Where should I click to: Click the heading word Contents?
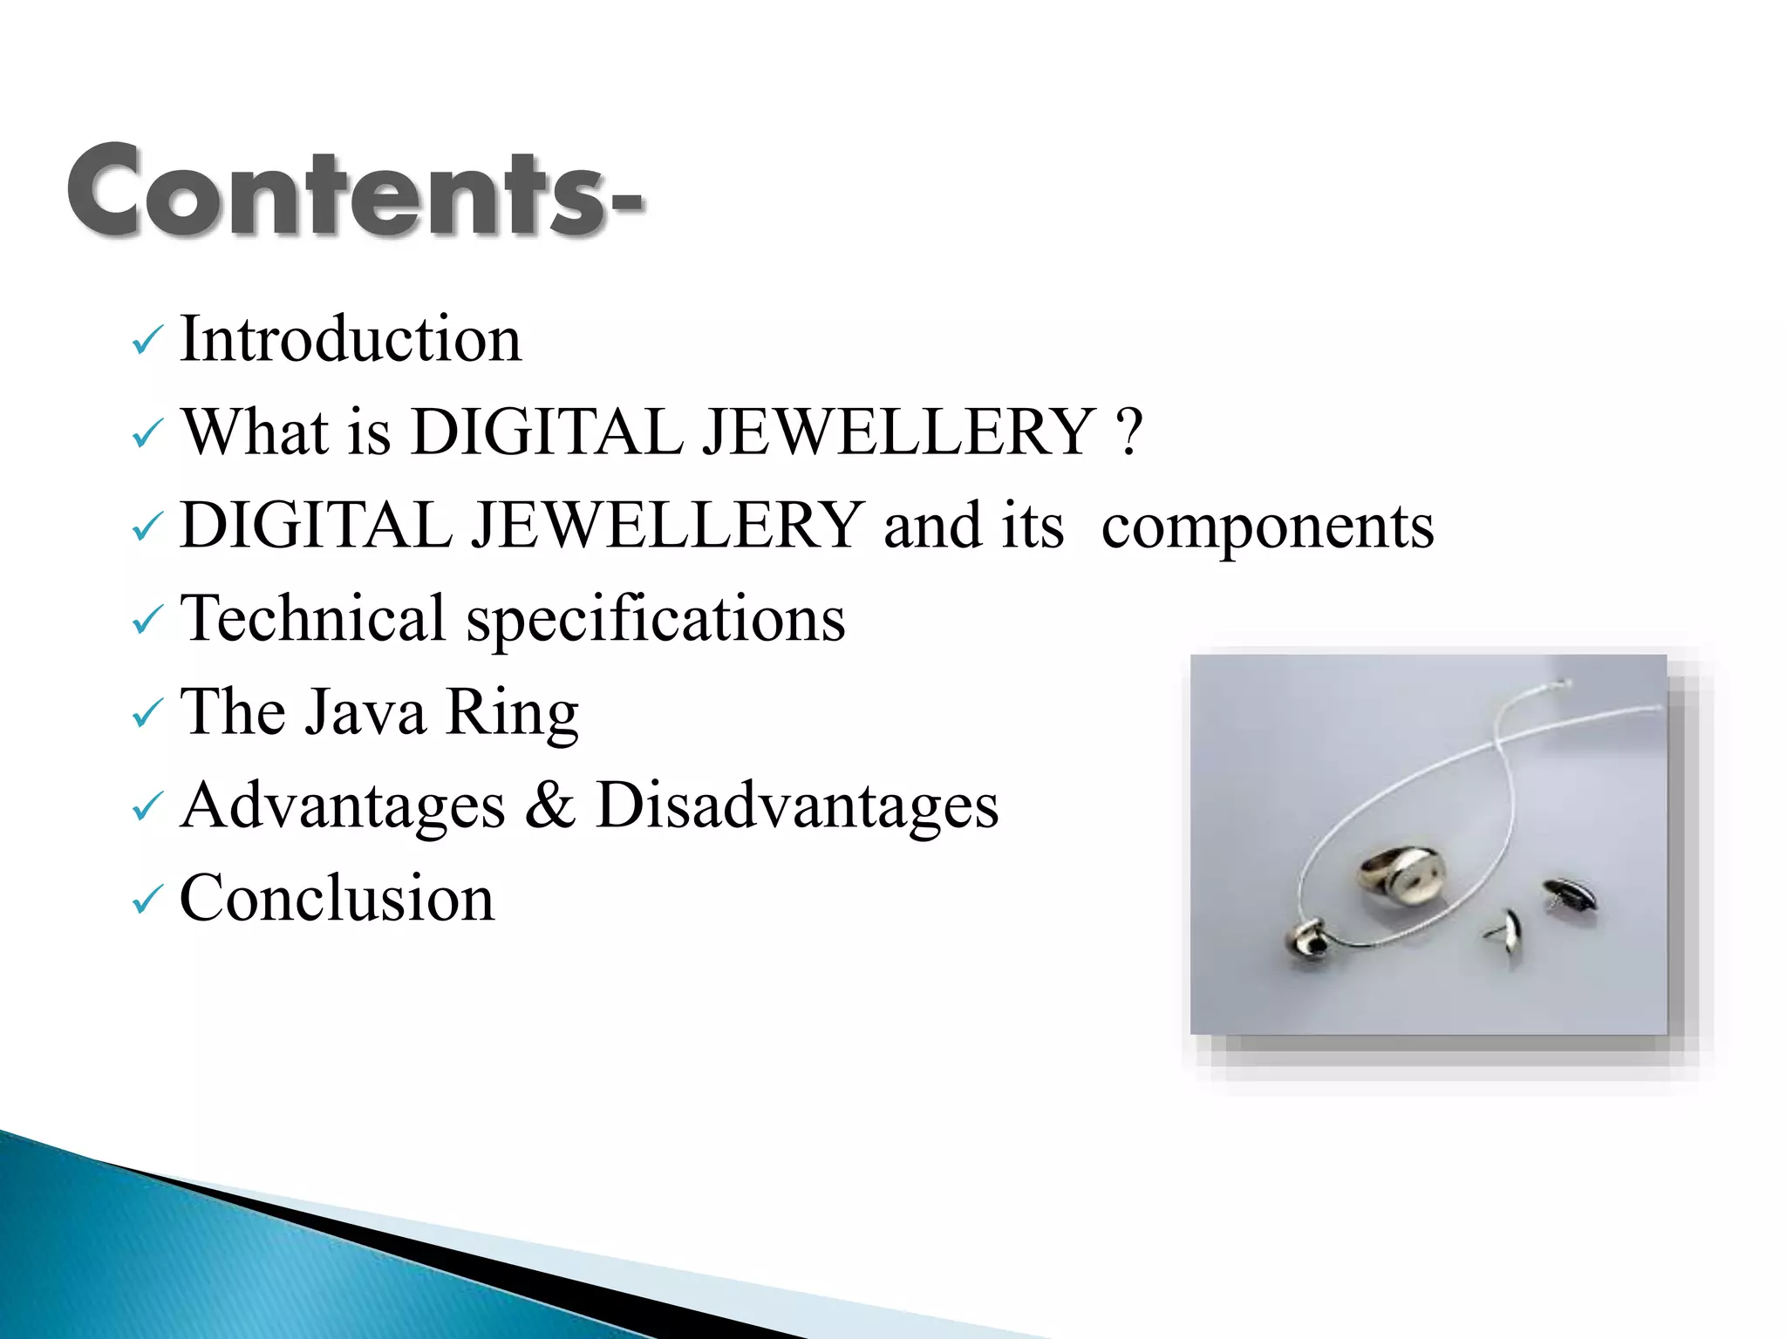340,192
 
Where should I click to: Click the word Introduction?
350,339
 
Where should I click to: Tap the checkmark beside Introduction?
147,341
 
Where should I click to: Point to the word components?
1267,527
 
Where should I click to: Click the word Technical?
313,618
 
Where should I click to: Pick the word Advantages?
343,805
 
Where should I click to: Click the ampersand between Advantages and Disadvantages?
549,805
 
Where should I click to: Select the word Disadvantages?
796,805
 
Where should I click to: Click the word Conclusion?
337,898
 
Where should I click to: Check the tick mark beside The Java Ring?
147,714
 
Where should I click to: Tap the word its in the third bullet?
1033,527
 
